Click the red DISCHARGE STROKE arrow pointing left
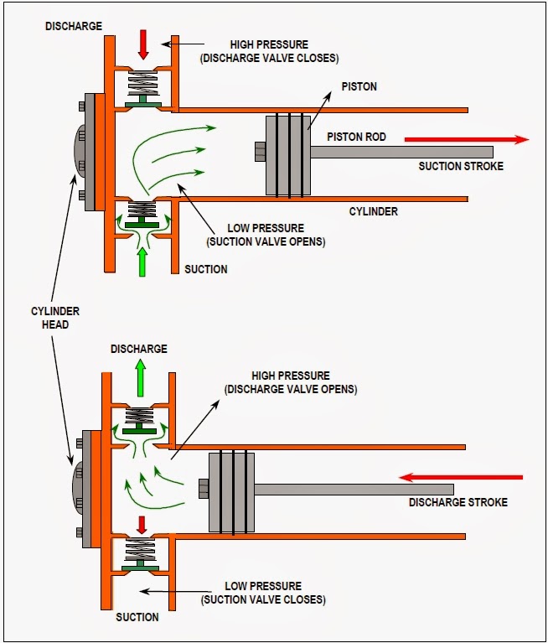click(x=461, y=478)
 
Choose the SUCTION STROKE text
click(x=461, y=166)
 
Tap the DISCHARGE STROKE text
click(x=458, y=503)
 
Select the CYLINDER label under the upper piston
click(x=374, y=212)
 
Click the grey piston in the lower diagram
click(x=231, y=492)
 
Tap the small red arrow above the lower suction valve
click(x=142, y=525)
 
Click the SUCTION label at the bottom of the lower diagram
click(x=137, y=617)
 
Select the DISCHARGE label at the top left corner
click(x=75, y=26)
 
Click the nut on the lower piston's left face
click(x=202, y=487)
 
